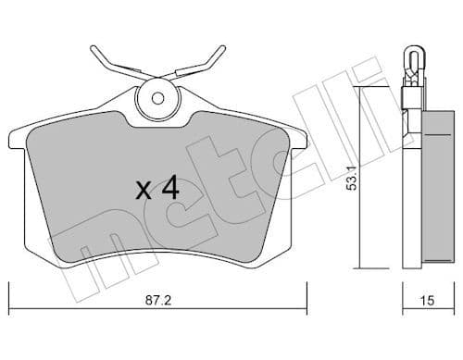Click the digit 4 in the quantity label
pyautogui.click(x=169, y=189)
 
